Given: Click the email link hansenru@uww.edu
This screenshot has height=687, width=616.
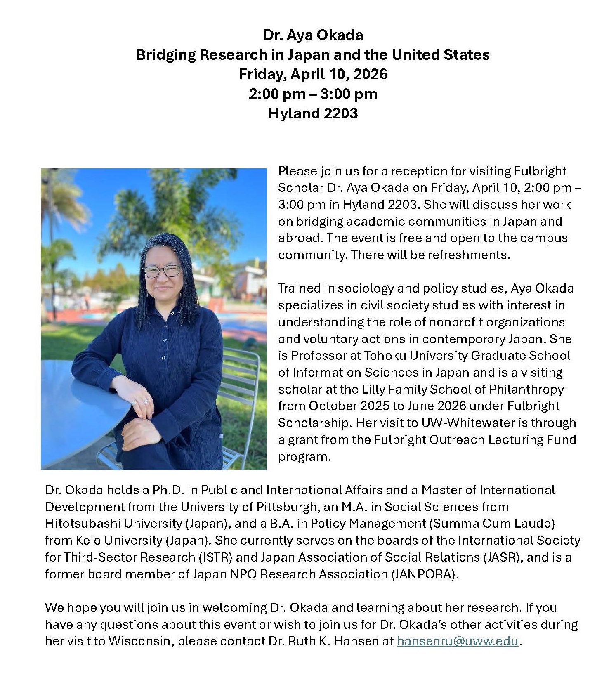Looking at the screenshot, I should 457,641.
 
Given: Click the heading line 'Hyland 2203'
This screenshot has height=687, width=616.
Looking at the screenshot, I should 313,113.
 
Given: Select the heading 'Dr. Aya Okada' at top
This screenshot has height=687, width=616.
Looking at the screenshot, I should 313,35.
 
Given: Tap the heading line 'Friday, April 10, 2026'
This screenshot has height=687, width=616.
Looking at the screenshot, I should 313,74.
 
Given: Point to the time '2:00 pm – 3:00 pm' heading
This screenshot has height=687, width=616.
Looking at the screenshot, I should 313,94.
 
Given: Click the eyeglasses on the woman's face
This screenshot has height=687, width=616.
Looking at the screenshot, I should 161,271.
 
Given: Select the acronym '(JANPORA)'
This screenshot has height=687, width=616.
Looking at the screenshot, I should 425,574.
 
